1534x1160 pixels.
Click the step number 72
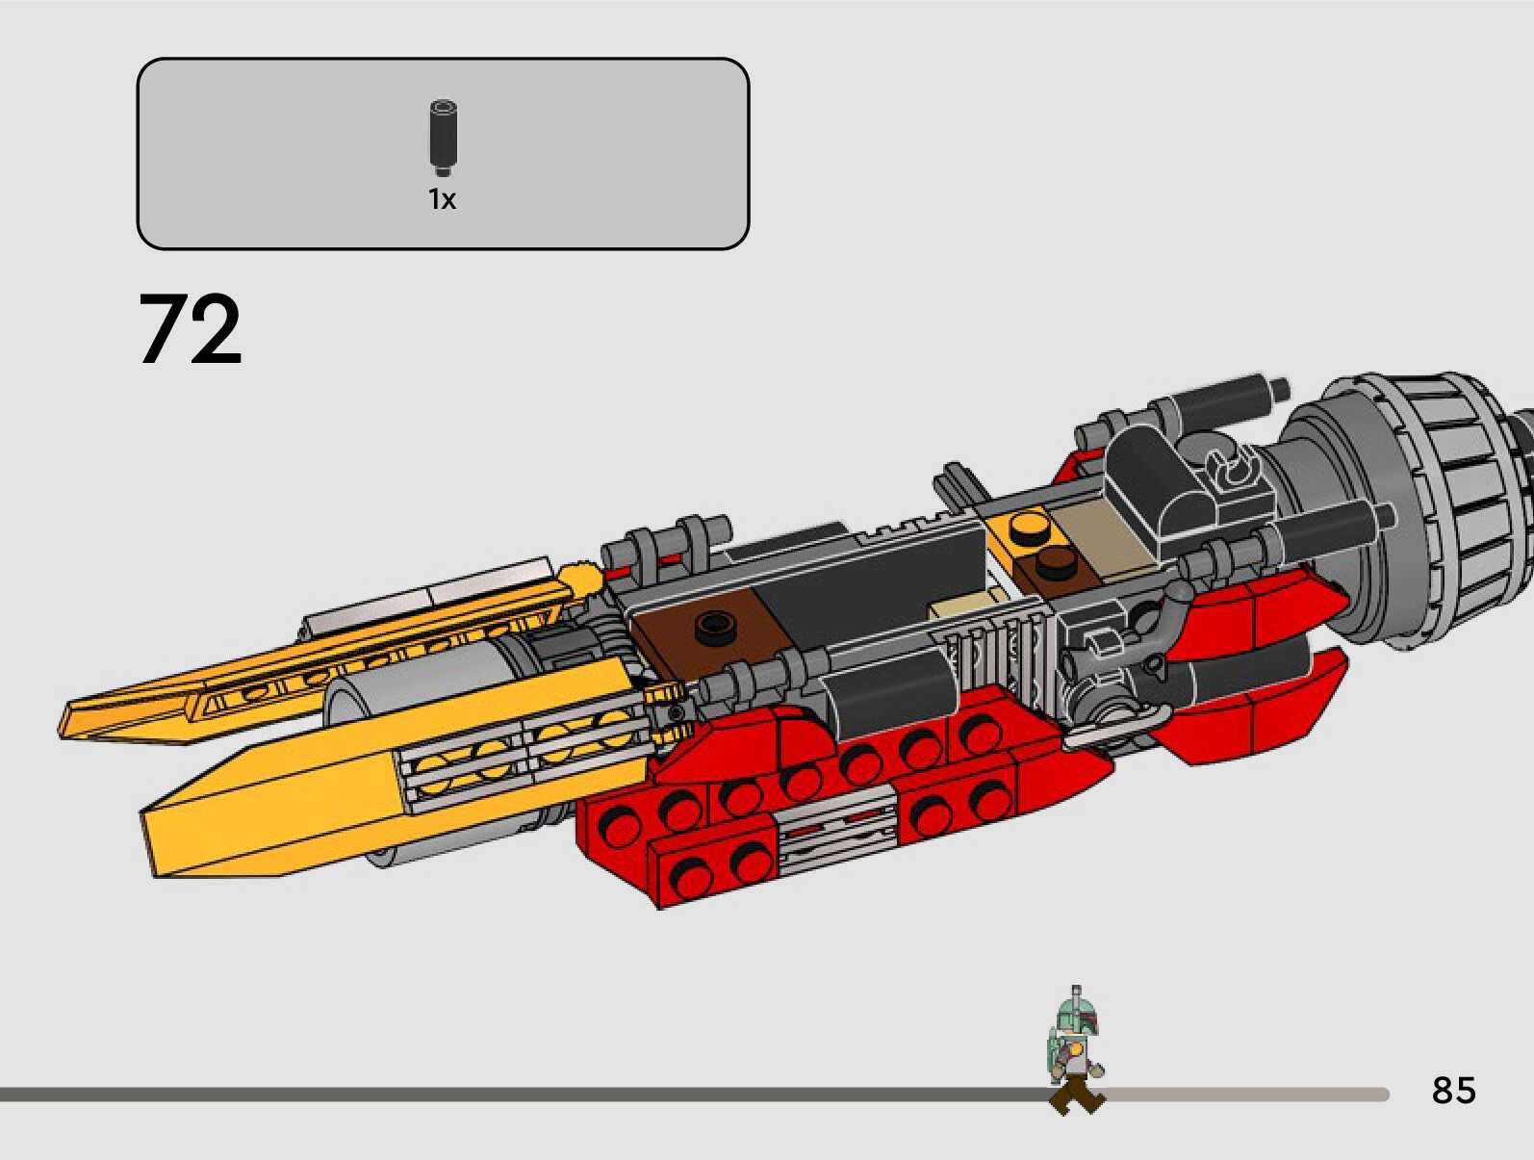191,330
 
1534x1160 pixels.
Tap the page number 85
1453,1090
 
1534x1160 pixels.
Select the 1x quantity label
442,199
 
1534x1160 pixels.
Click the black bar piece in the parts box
443,138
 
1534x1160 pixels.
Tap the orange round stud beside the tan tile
1031,526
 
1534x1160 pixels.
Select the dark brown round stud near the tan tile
1059,565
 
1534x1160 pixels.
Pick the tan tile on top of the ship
1097,530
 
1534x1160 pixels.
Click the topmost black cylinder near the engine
1222,397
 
